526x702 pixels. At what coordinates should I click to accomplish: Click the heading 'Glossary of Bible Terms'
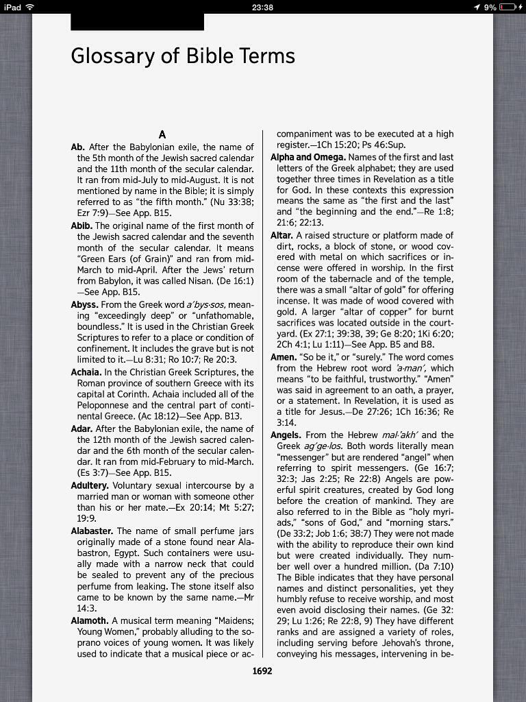pyautogui.click(x=183, y=56)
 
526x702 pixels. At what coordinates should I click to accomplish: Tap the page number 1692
pyautogui.click(x=262, y=670)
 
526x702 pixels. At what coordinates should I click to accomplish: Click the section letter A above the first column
pyautogui.click(x=162, y=134)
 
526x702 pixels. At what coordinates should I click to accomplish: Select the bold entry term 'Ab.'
pyautogui.click(x=79, y=147)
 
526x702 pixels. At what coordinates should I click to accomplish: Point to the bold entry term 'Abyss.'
pyautogui.click(x=85, y=304)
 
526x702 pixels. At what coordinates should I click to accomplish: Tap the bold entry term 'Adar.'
pyautogui.click(x=82, y=429)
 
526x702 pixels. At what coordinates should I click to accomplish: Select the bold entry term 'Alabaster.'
pyautogui.click(x=92, y=531)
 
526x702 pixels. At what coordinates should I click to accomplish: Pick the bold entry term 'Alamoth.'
pyautogui.click(x=90, y=620)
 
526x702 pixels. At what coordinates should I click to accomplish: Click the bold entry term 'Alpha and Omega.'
pyautogui.click(x=308, y=157)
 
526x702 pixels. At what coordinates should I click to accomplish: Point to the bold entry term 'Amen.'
pyautogui.click(x=283, y=357)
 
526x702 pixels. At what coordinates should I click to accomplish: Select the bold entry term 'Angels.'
pyautogui.click(x=286, y=435)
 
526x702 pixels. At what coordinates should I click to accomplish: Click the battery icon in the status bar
pyautogui.click(x=508, y=7)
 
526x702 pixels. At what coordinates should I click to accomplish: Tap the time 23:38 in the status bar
pyautogui.click(x=262, y=7)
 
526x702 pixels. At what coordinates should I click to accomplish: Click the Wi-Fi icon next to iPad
pyautogui.click(x=29, y=7)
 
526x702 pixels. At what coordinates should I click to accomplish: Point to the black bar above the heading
pyautogui.click(x=137, y=22)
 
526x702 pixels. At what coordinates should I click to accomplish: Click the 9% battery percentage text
pyautogui.click(x=490, y=7)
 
